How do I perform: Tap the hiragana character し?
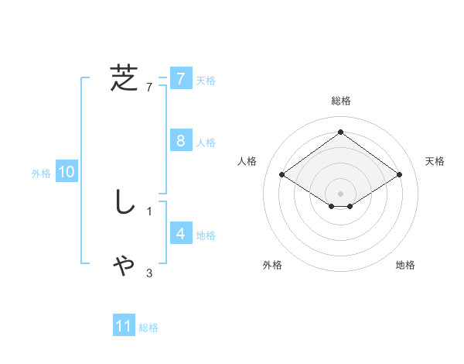coord(124,202)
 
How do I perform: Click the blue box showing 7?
coord(181,79)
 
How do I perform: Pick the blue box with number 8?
coord(181,141)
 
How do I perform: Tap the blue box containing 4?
coord(181,234)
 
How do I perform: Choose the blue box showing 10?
coord(67,172)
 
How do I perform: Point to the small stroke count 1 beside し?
coord(149,211)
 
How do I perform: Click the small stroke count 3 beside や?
coord(149,273)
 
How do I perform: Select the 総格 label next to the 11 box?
coord(148,328)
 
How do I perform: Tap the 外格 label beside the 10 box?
coord(41,173)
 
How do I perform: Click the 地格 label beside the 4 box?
coord(206,235)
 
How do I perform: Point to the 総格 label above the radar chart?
coord(341,101)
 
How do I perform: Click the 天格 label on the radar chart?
coord(435,161)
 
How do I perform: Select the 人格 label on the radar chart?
coord(247,161)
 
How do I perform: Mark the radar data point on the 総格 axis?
coord(341,132)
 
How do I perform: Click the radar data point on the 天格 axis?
coord(400,175)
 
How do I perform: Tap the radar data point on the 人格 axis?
coord(282,175)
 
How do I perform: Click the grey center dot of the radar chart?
coord(341,192)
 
